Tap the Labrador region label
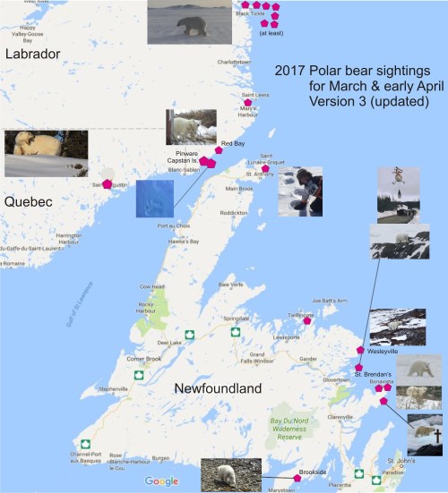[x=32, y=55]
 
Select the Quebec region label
[x=28, y=202]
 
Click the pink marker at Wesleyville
[x=360, y=350]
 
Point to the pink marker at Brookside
[x=297, y=478]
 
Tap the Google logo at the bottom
[x=162, y=481]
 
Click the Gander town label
[x=308, y=358]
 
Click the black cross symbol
[x=437, y=436]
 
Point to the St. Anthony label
[x=261, y=174]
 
